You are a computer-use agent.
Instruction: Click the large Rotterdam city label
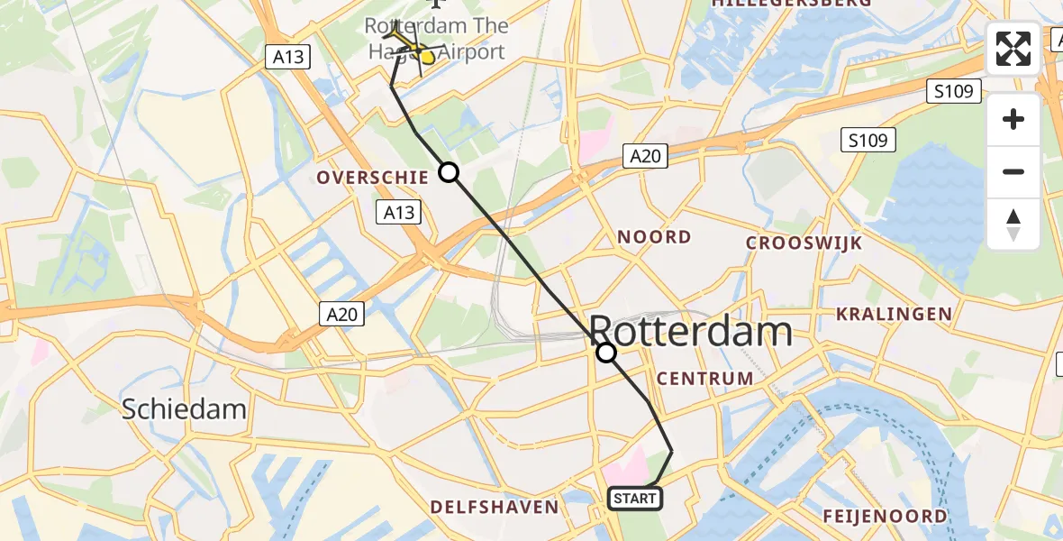pos(691,332)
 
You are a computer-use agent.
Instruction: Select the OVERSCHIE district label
pos(372,178)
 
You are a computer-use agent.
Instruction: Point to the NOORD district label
pos(654,237)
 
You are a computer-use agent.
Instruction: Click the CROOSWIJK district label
pos(804,243)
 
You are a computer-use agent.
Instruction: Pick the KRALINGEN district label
pos(894,314)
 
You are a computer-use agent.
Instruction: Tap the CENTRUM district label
pos(704,378)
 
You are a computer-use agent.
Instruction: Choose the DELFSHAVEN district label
pos(495,507)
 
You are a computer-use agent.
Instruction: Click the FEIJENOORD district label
pos(885,516)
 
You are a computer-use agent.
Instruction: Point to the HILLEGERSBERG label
pos(791,4)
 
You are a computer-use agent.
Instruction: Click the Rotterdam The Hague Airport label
pos(435,39)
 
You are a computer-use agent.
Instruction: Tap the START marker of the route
pos(635,498)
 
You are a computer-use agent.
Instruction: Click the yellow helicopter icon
pos(413,47)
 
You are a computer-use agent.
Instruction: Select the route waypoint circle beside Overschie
pos(449,172)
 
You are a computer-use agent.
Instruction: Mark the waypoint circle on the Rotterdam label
pos(607,353)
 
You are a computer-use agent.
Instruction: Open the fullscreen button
pos(1013,49)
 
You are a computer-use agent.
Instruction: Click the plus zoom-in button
pos(1013,119)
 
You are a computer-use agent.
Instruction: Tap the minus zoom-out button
pos(1013,171)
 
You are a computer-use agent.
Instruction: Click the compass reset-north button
pos(1013,224)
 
